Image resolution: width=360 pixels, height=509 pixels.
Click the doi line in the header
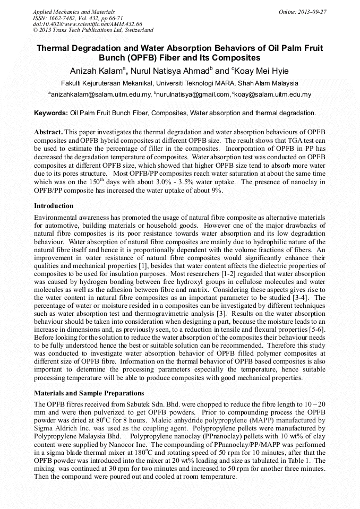click(87, 24)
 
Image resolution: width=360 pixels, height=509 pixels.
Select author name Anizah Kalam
click(96, 71)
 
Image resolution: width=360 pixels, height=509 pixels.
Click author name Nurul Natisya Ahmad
click(168, 71)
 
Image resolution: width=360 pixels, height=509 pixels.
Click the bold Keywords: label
click(51, 113)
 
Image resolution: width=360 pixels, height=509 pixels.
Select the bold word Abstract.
click(48, 132)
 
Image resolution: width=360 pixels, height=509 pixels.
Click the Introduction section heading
click(54, 206)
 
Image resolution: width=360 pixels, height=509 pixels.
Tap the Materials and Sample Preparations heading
click(89, 393)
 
